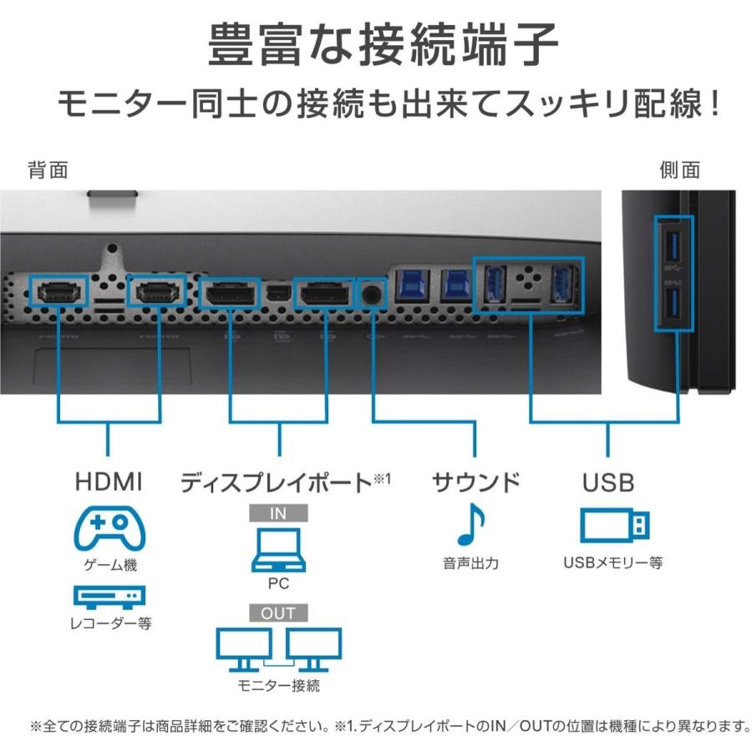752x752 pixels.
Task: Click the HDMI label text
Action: coord(109,482)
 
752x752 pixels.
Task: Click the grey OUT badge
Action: coord(278,612)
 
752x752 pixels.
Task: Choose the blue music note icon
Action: coord(472,526)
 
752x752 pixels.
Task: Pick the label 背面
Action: coord(48,170)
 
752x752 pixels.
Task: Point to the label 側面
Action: coord(679,170)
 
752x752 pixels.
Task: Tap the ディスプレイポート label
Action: coord(276,482)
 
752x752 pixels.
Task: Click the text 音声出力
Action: coord(470,563)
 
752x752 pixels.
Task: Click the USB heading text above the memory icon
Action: coord(607,482)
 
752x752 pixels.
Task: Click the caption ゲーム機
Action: coord(109,565)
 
